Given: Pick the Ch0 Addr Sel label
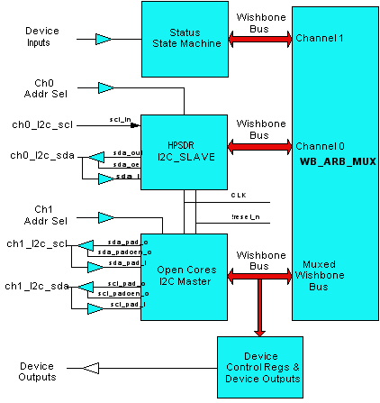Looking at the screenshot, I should point(50,87).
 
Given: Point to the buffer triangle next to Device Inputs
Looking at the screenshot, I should point(104,39).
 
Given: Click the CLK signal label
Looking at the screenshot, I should point(239,195).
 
